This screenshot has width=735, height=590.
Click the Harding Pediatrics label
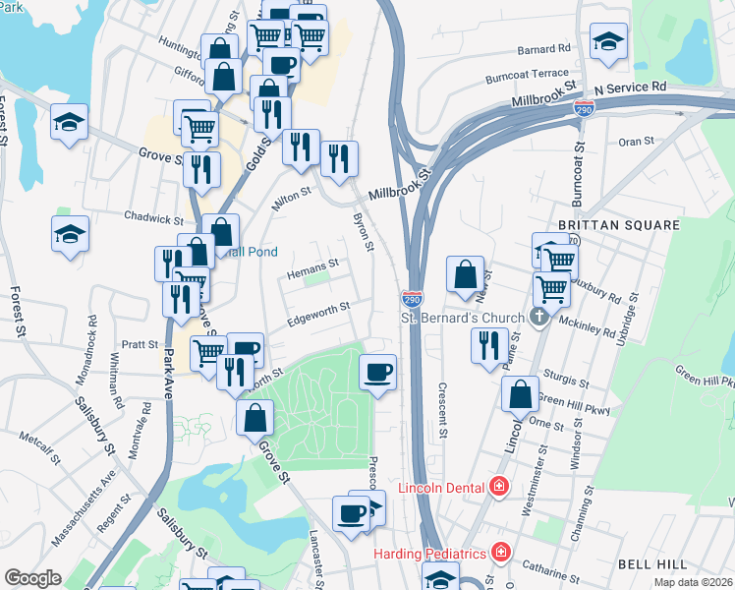tap(431, 553)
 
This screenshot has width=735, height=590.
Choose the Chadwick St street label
tap(153, 217)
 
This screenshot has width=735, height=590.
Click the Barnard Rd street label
tap(544, 47)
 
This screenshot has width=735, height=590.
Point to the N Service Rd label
tap(630, 88)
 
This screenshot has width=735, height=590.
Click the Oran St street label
tap(636, 142)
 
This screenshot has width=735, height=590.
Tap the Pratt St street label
tap(140, 345)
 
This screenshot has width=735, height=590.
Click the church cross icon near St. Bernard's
tap(537, 317)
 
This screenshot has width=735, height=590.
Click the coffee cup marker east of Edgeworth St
tap(378, 372)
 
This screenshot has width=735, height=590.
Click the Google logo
tap(33, 578)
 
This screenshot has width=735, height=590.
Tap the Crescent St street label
tap(443, 410)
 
